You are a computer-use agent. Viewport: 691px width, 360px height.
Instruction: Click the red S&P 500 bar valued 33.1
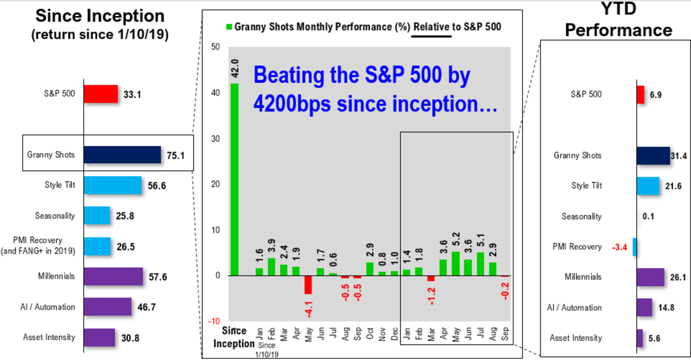pos(101,94)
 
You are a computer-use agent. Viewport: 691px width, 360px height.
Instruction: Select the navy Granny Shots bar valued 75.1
pos(122,155)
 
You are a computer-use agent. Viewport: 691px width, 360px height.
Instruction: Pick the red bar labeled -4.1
pos(308,285)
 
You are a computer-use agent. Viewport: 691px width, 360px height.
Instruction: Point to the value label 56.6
pos(156,186)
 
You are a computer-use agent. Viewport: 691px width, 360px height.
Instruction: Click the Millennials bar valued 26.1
pos(650,277)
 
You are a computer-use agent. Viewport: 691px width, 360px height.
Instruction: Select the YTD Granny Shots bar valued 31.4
pos(653,155)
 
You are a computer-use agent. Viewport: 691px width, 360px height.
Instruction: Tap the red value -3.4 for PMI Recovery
pos(619,247)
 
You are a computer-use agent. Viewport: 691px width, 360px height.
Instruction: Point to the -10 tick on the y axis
pos(214,321)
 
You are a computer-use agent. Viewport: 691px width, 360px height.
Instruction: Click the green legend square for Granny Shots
pos(228,26)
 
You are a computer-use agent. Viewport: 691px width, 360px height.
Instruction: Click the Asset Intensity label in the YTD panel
pos(575,338)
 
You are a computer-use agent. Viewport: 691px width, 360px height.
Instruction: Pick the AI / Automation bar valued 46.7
pos(108,307)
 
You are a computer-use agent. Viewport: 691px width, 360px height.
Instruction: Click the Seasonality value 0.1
pos(648,217)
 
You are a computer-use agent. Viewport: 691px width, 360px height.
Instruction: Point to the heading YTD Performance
pos(618,21)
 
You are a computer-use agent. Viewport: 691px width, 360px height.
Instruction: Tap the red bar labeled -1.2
pos(431,278)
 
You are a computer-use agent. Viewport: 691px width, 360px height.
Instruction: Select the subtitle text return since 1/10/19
pos(99,36)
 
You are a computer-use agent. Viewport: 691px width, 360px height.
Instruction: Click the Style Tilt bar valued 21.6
pos(648,186)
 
